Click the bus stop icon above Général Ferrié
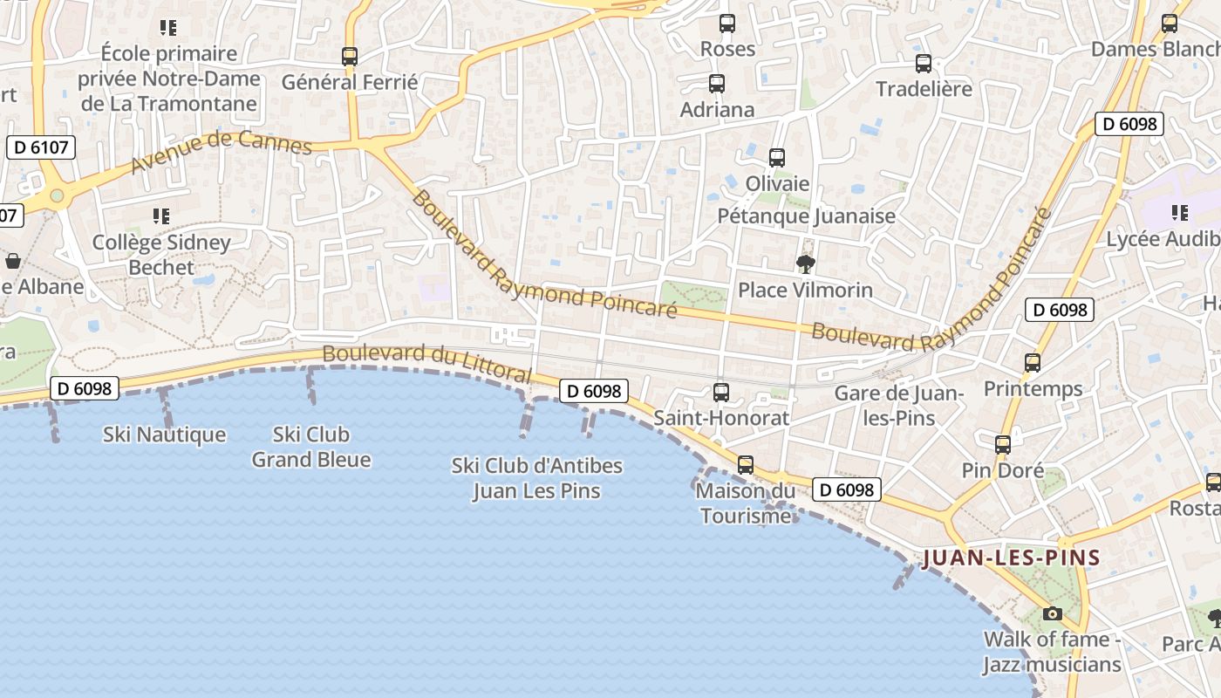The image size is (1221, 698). (x=350, y=56)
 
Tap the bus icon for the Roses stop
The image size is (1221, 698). (x=727, y=24)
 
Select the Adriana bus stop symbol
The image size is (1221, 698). (x=717, y=84)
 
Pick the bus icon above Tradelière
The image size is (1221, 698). (x=924, y=63)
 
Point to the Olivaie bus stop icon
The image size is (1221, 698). (x=777, y=158)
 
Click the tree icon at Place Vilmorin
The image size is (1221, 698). (x=806, y=263)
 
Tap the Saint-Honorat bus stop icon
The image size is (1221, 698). (x=721, y=393)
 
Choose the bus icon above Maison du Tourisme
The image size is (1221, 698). (x=746, y=465)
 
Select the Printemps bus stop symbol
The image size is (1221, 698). (x=1033, y=363)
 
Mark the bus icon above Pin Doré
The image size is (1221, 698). (x=1003, y=445)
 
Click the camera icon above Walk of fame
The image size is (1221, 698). (x=1053, y=613)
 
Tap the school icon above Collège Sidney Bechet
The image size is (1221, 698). (x=160, y=216)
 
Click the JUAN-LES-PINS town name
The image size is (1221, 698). (x=1011, y=558)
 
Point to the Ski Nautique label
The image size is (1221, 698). (x=164, y=435)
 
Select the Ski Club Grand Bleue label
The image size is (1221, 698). (x=311, y=447)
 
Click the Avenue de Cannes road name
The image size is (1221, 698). (x=222, y=153)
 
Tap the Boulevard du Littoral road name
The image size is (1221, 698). (x=426, y=364)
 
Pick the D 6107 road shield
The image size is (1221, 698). (x=41, y=147)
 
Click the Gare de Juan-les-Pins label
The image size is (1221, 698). (x=899, y=406)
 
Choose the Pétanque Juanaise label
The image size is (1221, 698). (x=806, y=216)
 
